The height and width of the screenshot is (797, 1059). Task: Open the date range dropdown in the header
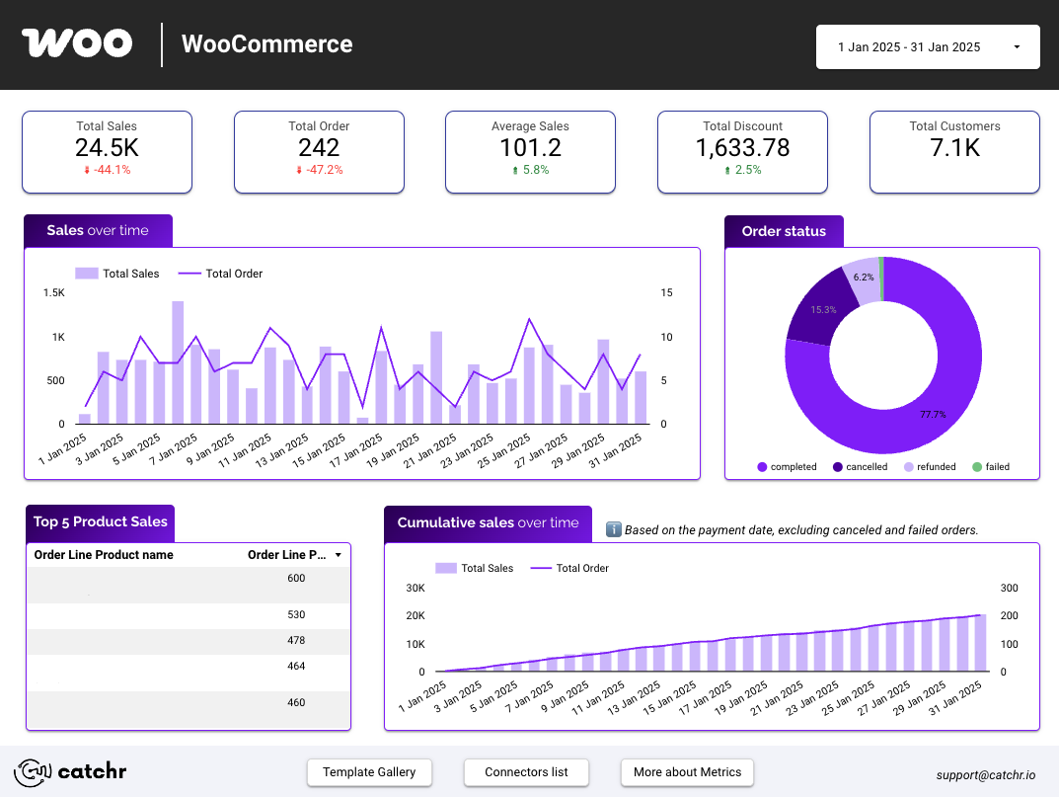927,46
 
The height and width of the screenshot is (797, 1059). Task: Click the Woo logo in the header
77,43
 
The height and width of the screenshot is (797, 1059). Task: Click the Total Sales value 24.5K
107,147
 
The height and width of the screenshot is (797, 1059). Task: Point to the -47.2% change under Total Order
319,170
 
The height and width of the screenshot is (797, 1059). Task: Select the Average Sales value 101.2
530,147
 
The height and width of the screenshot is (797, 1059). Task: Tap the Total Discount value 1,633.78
742,147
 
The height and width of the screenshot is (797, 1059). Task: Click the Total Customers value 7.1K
953,147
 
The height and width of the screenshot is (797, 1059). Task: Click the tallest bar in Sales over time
178,361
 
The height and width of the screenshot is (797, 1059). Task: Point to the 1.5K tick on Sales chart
53,293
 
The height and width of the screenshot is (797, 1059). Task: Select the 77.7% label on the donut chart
933,415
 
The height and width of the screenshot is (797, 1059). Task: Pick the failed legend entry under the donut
991,467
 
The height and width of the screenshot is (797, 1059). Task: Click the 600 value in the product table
296,578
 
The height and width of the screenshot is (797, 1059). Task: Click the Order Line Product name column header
104,555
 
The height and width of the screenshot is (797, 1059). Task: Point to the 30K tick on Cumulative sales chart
415,588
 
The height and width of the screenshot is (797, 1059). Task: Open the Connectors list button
526,772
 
